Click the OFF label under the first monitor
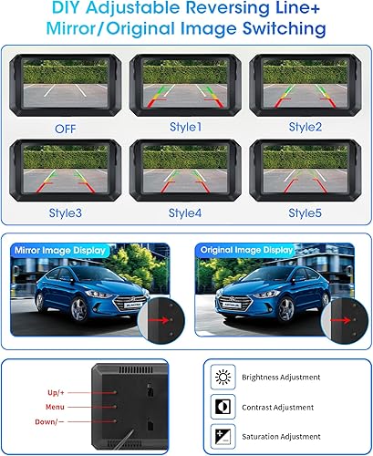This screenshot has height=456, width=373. [x=66, y=129]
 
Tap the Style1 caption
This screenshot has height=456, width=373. [x=185, y=127]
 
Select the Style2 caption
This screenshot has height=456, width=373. [x=306, y=127]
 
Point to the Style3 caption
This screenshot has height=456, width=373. [x=66, y=212]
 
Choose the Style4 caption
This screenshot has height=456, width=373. [x=185, y=212]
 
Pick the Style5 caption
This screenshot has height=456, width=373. [x=305, y=212]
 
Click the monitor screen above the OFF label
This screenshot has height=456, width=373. [x=66, y=83]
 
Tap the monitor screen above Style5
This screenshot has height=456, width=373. [x=306, y=169]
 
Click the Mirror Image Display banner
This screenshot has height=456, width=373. [x=60, y=251]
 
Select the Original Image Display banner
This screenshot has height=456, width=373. [x=246, y=250]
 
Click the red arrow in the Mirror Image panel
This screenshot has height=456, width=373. [x=159, y=320]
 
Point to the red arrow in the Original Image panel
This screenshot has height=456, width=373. [x=340, y=320]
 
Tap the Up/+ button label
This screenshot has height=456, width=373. [x=56, y=392]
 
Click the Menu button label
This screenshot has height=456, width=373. [x=55, y=407]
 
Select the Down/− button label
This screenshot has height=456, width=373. [x=49, y=421]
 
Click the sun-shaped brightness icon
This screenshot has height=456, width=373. [x=223, y=377]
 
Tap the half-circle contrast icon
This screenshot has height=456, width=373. [x=223, y=407]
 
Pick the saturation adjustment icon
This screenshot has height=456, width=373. [x=223, y=437]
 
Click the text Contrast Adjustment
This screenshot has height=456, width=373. [x=277, y=408]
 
